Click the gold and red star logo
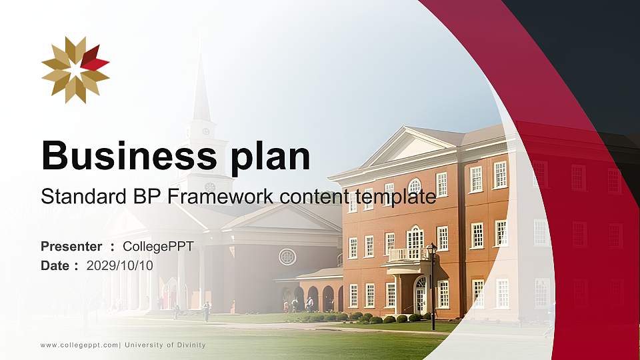pyautogui.click(x=75, y=70)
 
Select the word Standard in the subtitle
pyautogui.click(x=79, y=197)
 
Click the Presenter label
pyautogui.click(x=71, y=247)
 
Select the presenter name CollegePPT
pyautogui.click(x=158, y=247)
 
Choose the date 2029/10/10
pyautogui.click(x=120, y=265)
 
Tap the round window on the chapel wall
pyautogui.click(x=287, y=257)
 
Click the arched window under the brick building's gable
pyautogui.click(x=415, y=186)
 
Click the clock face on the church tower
pyautogui.click(x=205, y=131)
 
